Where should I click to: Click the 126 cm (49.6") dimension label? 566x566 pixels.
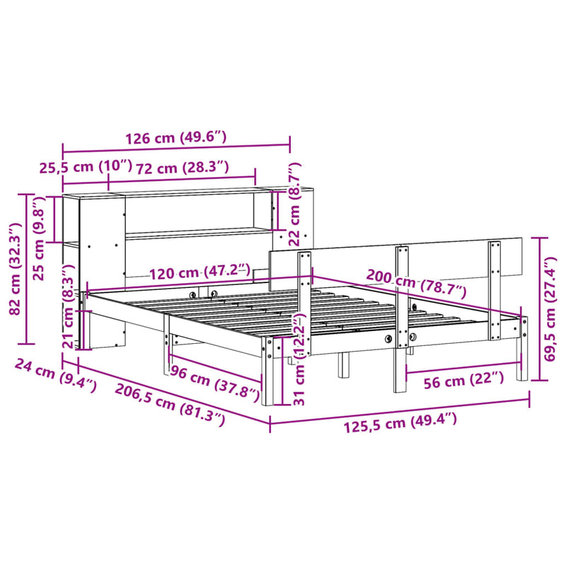pos(175,138)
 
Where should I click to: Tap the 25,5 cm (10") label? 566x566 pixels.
pos(85,167)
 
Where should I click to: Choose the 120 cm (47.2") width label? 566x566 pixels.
pos(200,272)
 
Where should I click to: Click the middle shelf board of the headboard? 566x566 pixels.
pos(198,234)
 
